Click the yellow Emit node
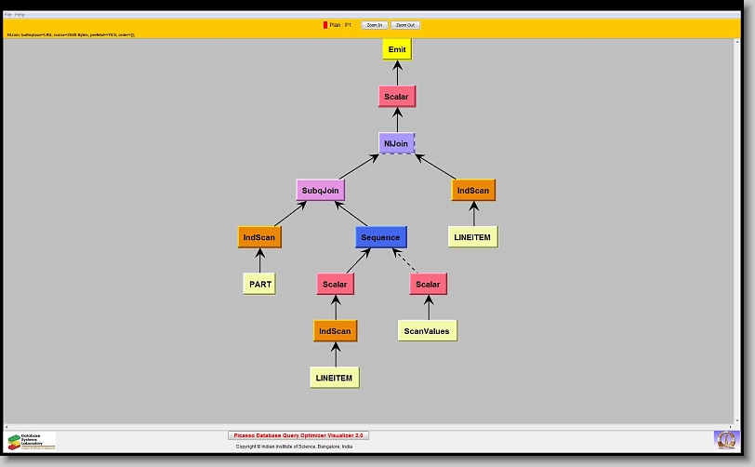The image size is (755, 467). point(396,49)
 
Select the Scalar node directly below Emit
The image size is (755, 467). point(396,96)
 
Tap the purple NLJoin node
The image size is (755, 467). point(396,143)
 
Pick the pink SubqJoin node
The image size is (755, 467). point(321,190)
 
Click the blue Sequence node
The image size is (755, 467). point(380,237)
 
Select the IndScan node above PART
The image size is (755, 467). point(259,237)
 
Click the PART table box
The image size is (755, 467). point(259,284)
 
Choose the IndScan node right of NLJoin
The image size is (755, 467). point(473,190)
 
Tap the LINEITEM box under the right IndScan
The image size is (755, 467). point(472,237)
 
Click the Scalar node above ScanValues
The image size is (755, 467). point(428,284)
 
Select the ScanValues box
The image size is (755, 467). point(428,330)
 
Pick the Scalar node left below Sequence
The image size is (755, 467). point(335,284)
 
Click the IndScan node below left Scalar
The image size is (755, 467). point(335,330)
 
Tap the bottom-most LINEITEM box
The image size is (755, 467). point(335,377)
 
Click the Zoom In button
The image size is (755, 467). point(375,25)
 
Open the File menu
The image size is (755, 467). point(8,15)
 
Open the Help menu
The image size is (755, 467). point(20,15)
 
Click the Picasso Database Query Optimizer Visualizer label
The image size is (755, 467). point(298,435)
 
